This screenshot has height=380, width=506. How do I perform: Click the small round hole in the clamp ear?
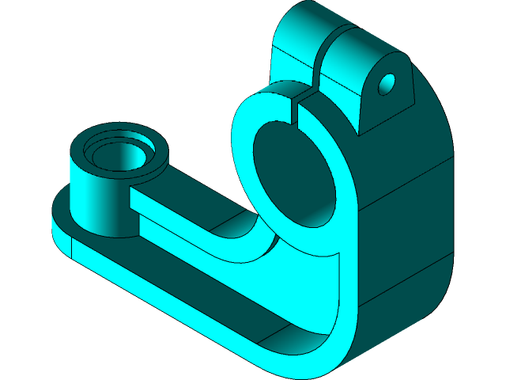coord(388,83)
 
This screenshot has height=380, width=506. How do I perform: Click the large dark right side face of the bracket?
coord(411,222)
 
